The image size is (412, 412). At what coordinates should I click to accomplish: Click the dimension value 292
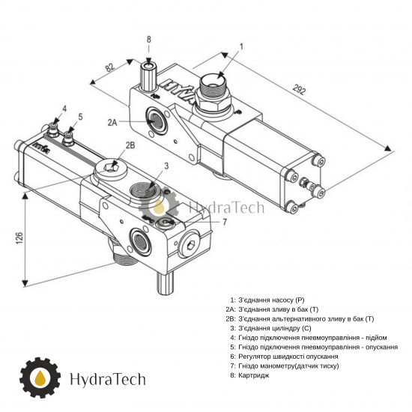point(300,90)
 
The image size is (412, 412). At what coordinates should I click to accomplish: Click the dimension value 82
point(110,67)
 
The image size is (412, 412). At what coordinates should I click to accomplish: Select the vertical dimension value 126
point(19,238)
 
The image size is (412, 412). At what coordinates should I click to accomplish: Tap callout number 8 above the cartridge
point(149,40)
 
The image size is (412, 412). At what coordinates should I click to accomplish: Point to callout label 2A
point(112,122)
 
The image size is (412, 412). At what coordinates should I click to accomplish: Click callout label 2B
point(130,145)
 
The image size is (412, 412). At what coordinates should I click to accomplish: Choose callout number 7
point(225,222)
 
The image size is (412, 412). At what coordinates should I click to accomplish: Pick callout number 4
point(64,109)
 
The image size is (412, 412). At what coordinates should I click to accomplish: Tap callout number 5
point(80,117)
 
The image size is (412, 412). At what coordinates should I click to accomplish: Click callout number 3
point(166,166)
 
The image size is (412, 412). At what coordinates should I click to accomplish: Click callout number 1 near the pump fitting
point(241,46)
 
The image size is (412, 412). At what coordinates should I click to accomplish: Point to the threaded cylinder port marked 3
point(143,190)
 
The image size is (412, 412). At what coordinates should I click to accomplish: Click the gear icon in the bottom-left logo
point(40,378)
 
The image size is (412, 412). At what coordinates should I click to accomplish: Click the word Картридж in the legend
point(254,375)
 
